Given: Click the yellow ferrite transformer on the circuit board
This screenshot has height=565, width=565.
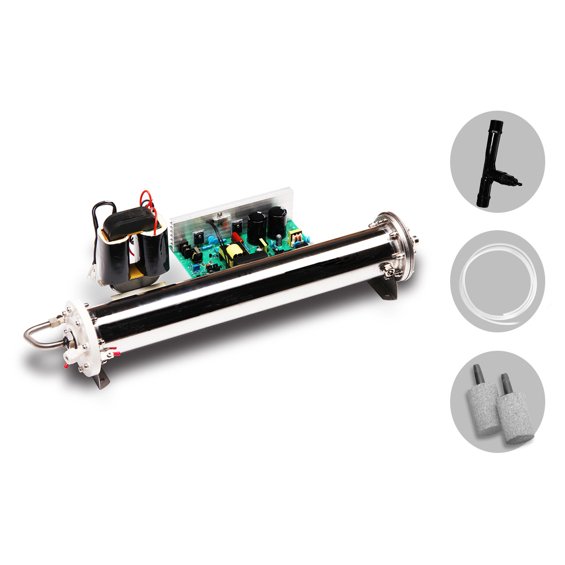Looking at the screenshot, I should [234, 254].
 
